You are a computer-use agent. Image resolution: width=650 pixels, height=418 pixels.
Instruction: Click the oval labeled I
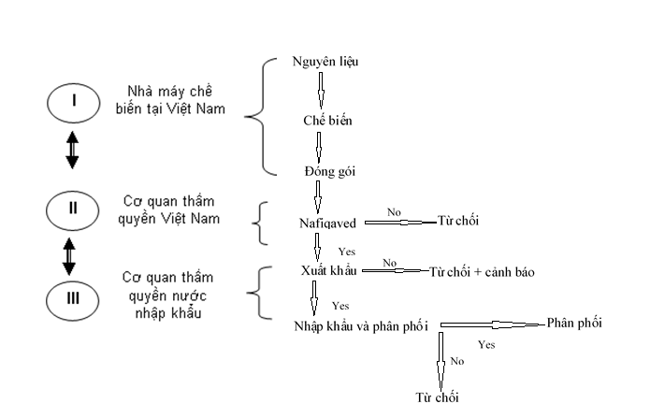pyautogui.click(x=73, y=102)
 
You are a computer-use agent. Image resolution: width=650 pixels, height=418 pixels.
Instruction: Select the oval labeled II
pyautogui.click(x=73, y=209)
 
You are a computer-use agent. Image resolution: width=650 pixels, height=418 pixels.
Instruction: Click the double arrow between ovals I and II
pyautogui.click(x=72, y=151)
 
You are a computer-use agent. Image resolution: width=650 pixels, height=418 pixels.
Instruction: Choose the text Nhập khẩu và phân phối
pyautogui.click(x=361, y=325)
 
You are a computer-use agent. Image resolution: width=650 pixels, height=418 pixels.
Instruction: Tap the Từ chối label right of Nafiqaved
pyautogui.click(x=457, y=223)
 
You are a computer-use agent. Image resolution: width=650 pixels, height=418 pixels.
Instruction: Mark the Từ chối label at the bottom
pyautogui.click(x=437, y=397)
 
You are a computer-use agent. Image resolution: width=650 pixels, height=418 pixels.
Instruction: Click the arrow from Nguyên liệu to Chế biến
pyautogui.click(x=320, y=92)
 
